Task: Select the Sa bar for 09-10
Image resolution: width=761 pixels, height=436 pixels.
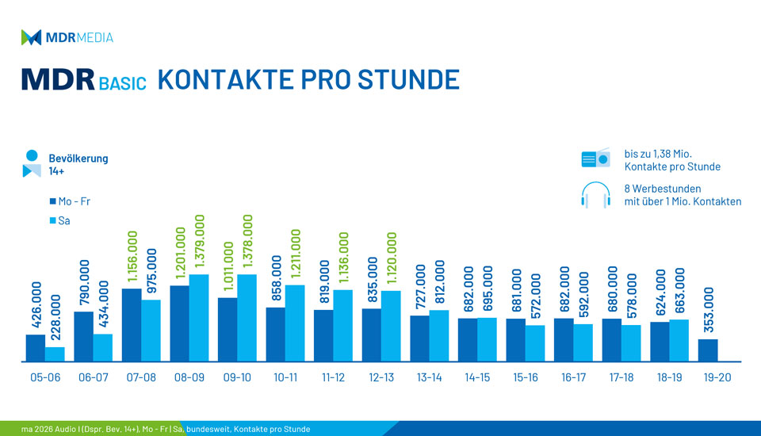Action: point(247,318)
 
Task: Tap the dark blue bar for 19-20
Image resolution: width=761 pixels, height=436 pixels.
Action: point(708,350)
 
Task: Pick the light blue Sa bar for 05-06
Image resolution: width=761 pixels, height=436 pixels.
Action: point(55,354)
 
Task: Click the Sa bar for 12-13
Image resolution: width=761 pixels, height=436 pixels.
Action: point(391,326)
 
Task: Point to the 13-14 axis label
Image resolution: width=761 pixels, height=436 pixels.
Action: point(429,377)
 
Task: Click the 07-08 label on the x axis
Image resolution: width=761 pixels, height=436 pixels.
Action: point(141,377)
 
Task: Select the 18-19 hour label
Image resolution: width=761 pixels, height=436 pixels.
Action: point(669,377)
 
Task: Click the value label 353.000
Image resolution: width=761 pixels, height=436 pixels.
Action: point(709,312)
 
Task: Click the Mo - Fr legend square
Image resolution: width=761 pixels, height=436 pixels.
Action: point(52,201)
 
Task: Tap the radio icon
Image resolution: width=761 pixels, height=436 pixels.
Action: point(595,159)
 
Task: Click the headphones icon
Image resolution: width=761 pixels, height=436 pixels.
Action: point(595,195)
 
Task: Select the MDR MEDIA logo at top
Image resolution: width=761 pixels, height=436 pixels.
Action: point(67,37)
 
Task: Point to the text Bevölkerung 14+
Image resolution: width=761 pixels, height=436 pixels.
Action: point(78,164)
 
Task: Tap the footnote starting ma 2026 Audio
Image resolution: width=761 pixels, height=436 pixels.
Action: point(155,429)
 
